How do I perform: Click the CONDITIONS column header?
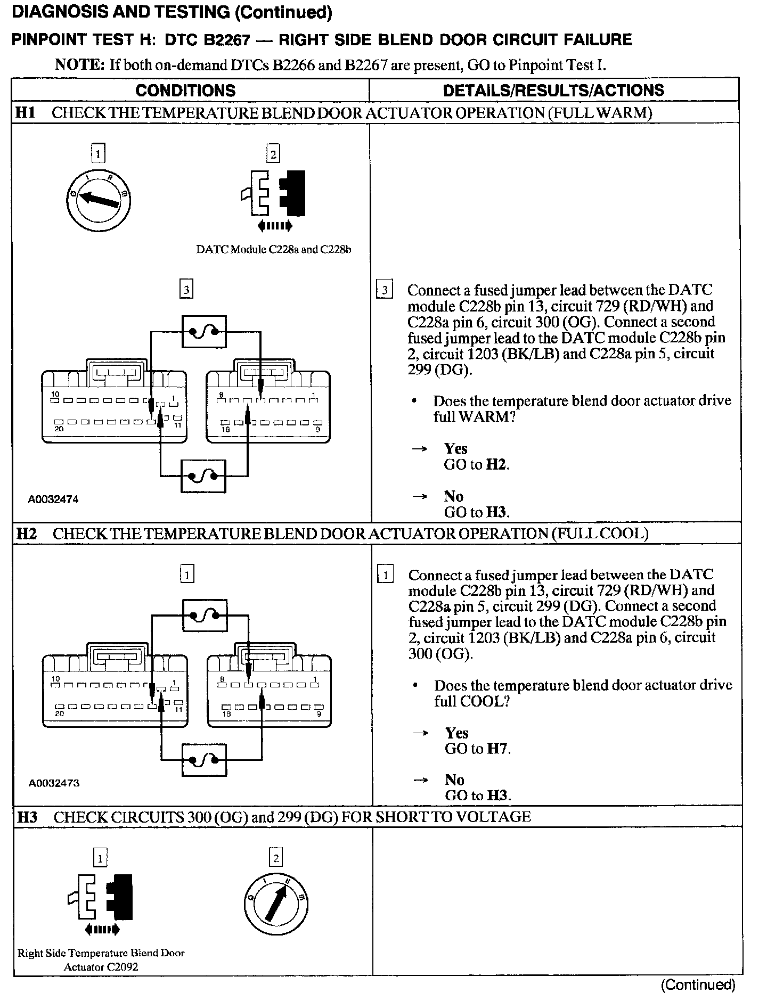[x=185, y=91]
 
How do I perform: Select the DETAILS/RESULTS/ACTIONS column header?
[x=553, y=91]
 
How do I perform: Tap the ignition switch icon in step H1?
[x=98, y=200]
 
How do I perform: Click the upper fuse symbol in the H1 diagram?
[x=204, y=332]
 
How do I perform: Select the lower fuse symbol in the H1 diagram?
[x=203, y=475]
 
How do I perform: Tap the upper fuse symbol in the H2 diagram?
[x=205, y=616]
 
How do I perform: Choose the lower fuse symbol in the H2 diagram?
[x=204, y=760]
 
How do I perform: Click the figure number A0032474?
[x=53, y=499]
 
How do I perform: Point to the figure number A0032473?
[x=54, y=783]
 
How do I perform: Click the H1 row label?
[x=25, y=113]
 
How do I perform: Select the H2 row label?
[x=26, y=534]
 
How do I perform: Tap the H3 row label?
[x=27, y=817]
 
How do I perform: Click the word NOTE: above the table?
[x=80, y=65]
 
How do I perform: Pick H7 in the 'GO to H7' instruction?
[x=497, y=749]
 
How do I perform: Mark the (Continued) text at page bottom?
[x=698, y=985]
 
